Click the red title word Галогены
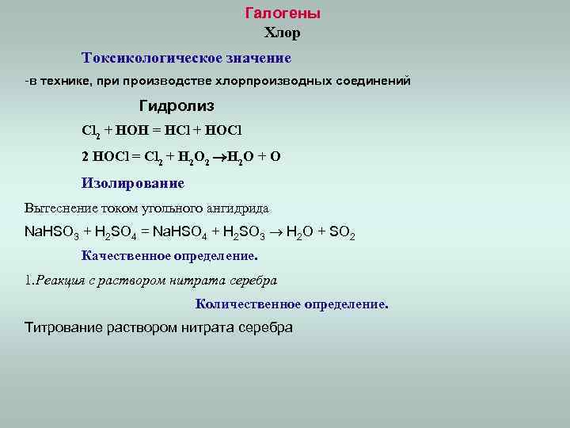tap(283, 13)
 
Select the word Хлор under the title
tap(282, 33)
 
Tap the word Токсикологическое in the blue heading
tap(143, 58)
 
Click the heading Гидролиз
tap(177, 105)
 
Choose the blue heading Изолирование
tap(133, 183)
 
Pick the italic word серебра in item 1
tap(253, 280)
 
